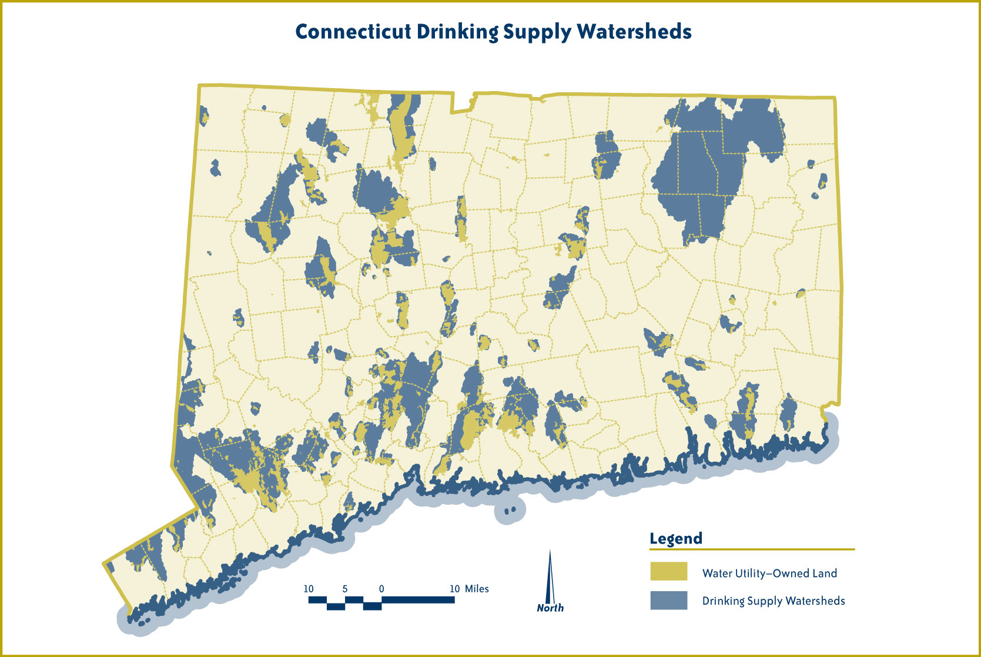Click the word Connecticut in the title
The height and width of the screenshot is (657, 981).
point(353,32)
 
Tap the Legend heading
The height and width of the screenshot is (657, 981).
point(675,538)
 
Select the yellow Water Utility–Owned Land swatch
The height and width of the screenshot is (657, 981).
point(668,571)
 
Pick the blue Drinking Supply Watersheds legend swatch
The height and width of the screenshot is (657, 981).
point(668,600)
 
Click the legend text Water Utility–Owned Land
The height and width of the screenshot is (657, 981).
point(769,573)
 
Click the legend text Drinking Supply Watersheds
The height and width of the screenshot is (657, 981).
point(774,601)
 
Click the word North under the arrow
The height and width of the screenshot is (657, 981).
point(550,608)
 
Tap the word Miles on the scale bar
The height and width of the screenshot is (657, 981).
point(477,589)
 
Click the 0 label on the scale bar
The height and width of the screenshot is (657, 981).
point(381,589)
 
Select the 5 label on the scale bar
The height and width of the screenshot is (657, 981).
point(345,589)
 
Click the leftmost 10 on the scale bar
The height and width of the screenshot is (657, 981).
point(309,589)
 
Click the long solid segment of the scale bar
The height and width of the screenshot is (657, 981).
point(418,599)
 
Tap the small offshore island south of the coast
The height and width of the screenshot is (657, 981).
point(510,510)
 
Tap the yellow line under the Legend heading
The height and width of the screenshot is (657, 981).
point(752,549)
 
